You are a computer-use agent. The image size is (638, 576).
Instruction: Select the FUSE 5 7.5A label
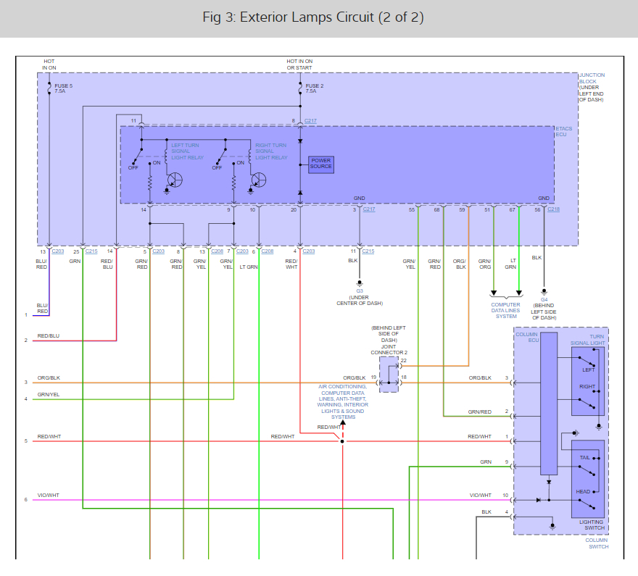62,88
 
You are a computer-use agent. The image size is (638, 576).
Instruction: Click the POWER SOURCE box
321,164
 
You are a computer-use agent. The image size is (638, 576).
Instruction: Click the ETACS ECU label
563,132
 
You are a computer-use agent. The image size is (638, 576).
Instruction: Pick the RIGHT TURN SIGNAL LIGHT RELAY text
271,151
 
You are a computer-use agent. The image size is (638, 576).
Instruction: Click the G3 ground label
359,291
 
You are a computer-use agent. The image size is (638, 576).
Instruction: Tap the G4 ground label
544,299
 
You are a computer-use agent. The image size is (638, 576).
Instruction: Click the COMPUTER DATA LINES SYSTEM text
506,310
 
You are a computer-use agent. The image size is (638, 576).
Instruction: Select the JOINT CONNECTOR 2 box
389,374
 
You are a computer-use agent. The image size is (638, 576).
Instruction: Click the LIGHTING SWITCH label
592,525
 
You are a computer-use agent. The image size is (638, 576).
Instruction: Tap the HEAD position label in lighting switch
583,492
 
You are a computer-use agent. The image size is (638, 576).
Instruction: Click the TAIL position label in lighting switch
584,458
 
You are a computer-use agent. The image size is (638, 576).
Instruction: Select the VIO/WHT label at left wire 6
49,495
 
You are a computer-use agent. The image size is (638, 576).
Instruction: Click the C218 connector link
554,209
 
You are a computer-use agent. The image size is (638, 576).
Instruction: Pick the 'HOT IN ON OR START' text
299,65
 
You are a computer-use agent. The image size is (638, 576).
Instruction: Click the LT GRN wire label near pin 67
511,264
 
